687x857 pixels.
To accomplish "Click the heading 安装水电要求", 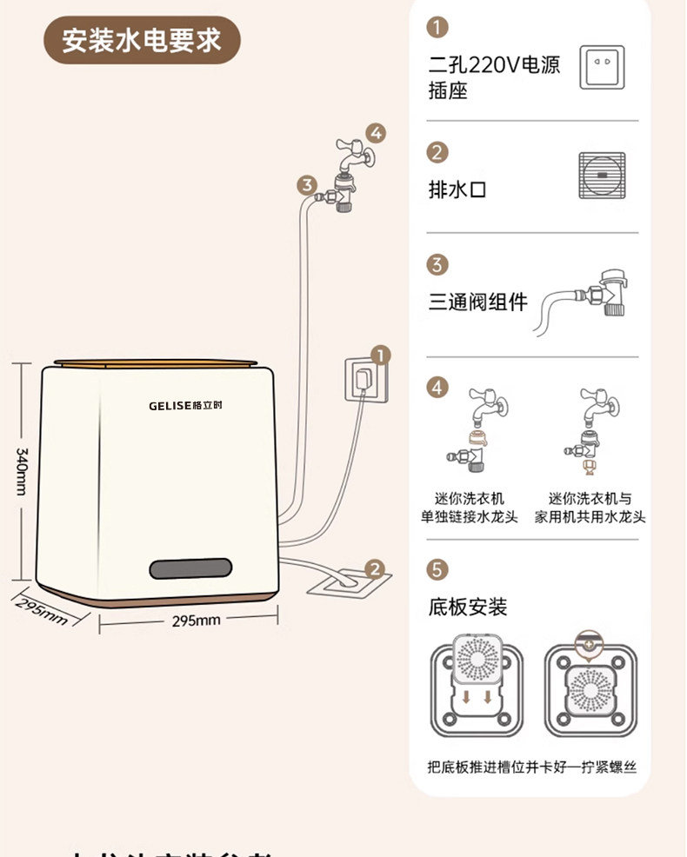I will (x=142, y=41).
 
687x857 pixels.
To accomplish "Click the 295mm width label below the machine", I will (x=196, y=621).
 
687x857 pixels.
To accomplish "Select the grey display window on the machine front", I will (x=190, y=568).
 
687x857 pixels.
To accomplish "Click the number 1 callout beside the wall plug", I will (x=380, y=355).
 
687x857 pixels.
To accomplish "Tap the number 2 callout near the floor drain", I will (x=374, y=570).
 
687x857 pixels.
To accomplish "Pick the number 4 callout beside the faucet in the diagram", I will (x=375, y=134).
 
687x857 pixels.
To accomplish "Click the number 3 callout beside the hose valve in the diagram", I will (x=306, y=185).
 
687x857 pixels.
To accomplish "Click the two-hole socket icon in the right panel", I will (x=602, y=68).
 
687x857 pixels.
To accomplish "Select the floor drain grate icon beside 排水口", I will (x=602, y=176).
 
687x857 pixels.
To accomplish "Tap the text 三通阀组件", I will (x=477, y=302).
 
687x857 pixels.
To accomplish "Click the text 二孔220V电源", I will (x=494, y=64).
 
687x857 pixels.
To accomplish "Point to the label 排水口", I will (x=457, y=189).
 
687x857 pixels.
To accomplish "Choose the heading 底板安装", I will (x=468, y=606).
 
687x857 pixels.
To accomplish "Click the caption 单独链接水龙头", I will (x=470, y=517).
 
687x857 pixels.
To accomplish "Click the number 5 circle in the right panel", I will (x=438, y=570).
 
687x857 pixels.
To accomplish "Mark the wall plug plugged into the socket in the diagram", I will (x=363, y=380).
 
